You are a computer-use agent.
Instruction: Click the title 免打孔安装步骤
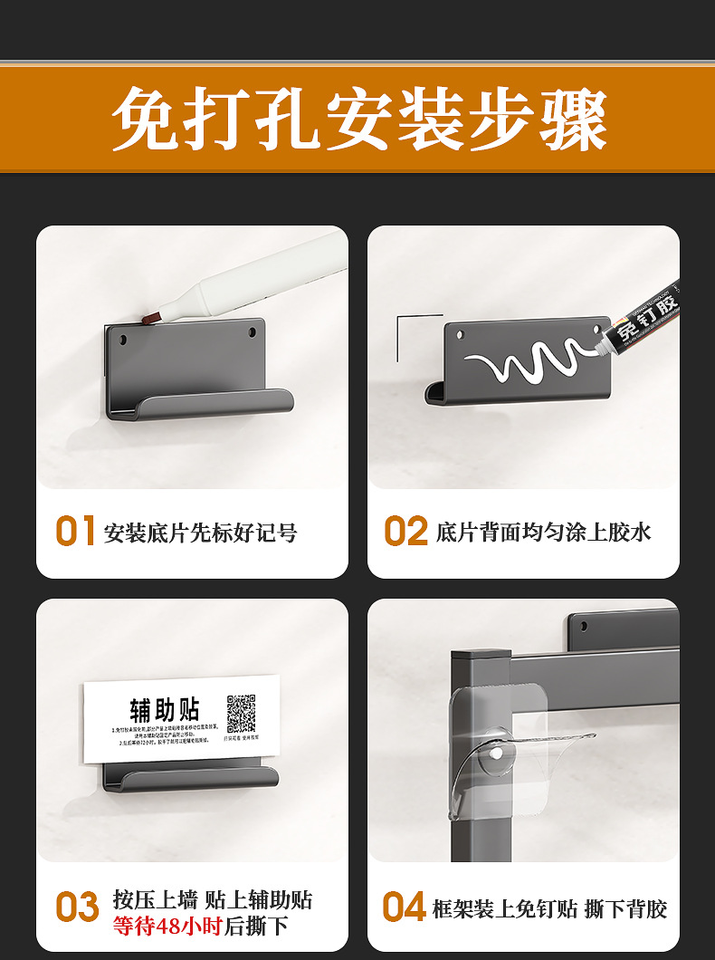click(x=358, y=119)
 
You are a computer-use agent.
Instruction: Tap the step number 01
click(x=76, y=532)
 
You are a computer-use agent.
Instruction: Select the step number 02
click(x=405, y=532)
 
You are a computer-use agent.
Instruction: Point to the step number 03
click(x=77, y=907)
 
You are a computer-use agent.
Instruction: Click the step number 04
click(x=404, y=907)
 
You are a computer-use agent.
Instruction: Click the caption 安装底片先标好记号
click(x=200, y=533)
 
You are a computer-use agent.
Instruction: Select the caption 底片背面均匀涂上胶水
click(x=543, y=533)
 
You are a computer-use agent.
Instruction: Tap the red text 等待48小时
click(x=167, y=926)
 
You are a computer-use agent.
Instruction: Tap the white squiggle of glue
click(x=520, y=363)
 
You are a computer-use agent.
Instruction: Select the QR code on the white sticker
click(x=241, y=714)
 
